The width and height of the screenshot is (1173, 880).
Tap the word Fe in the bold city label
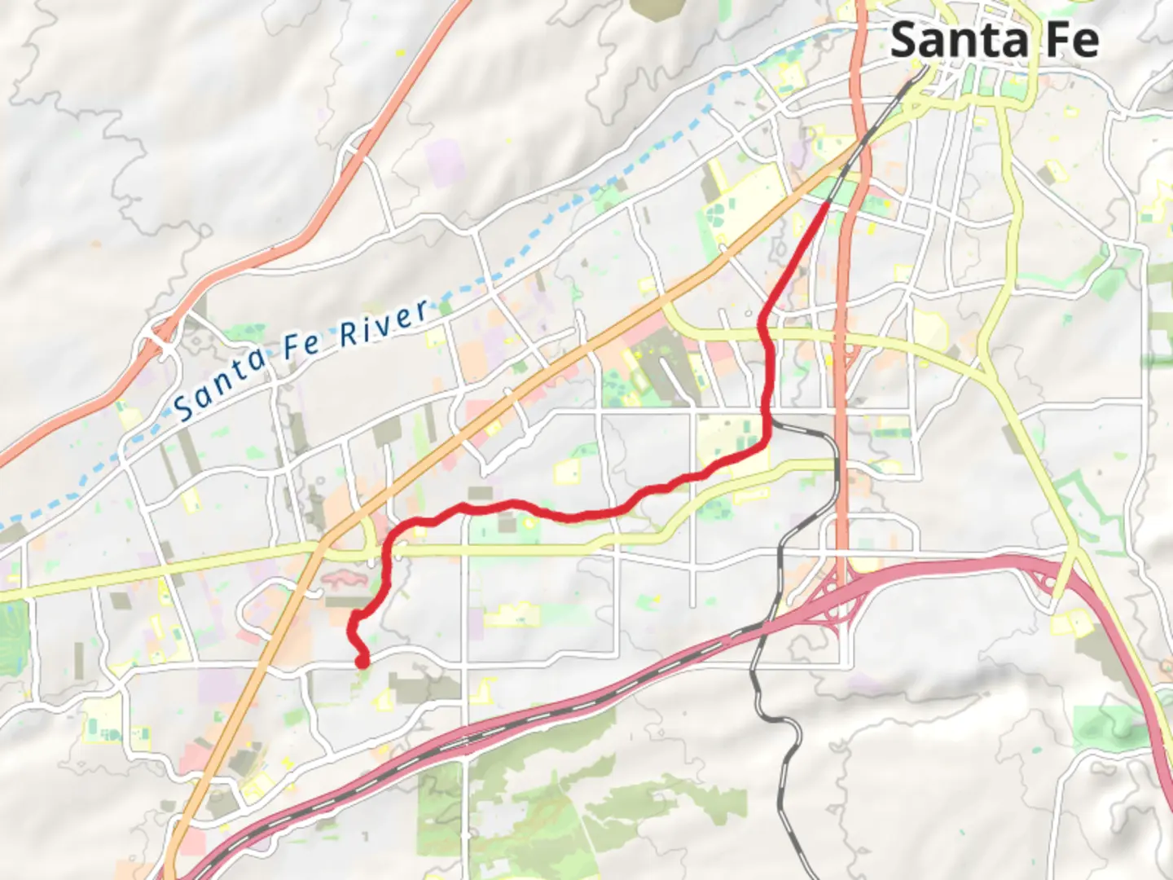pos(1073,41)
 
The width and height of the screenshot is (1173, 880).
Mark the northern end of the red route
pos(828,205)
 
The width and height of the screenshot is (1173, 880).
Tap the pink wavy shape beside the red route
pos(349,579)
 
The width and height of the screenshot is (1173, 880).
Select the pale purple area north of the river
pos(444,163)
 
